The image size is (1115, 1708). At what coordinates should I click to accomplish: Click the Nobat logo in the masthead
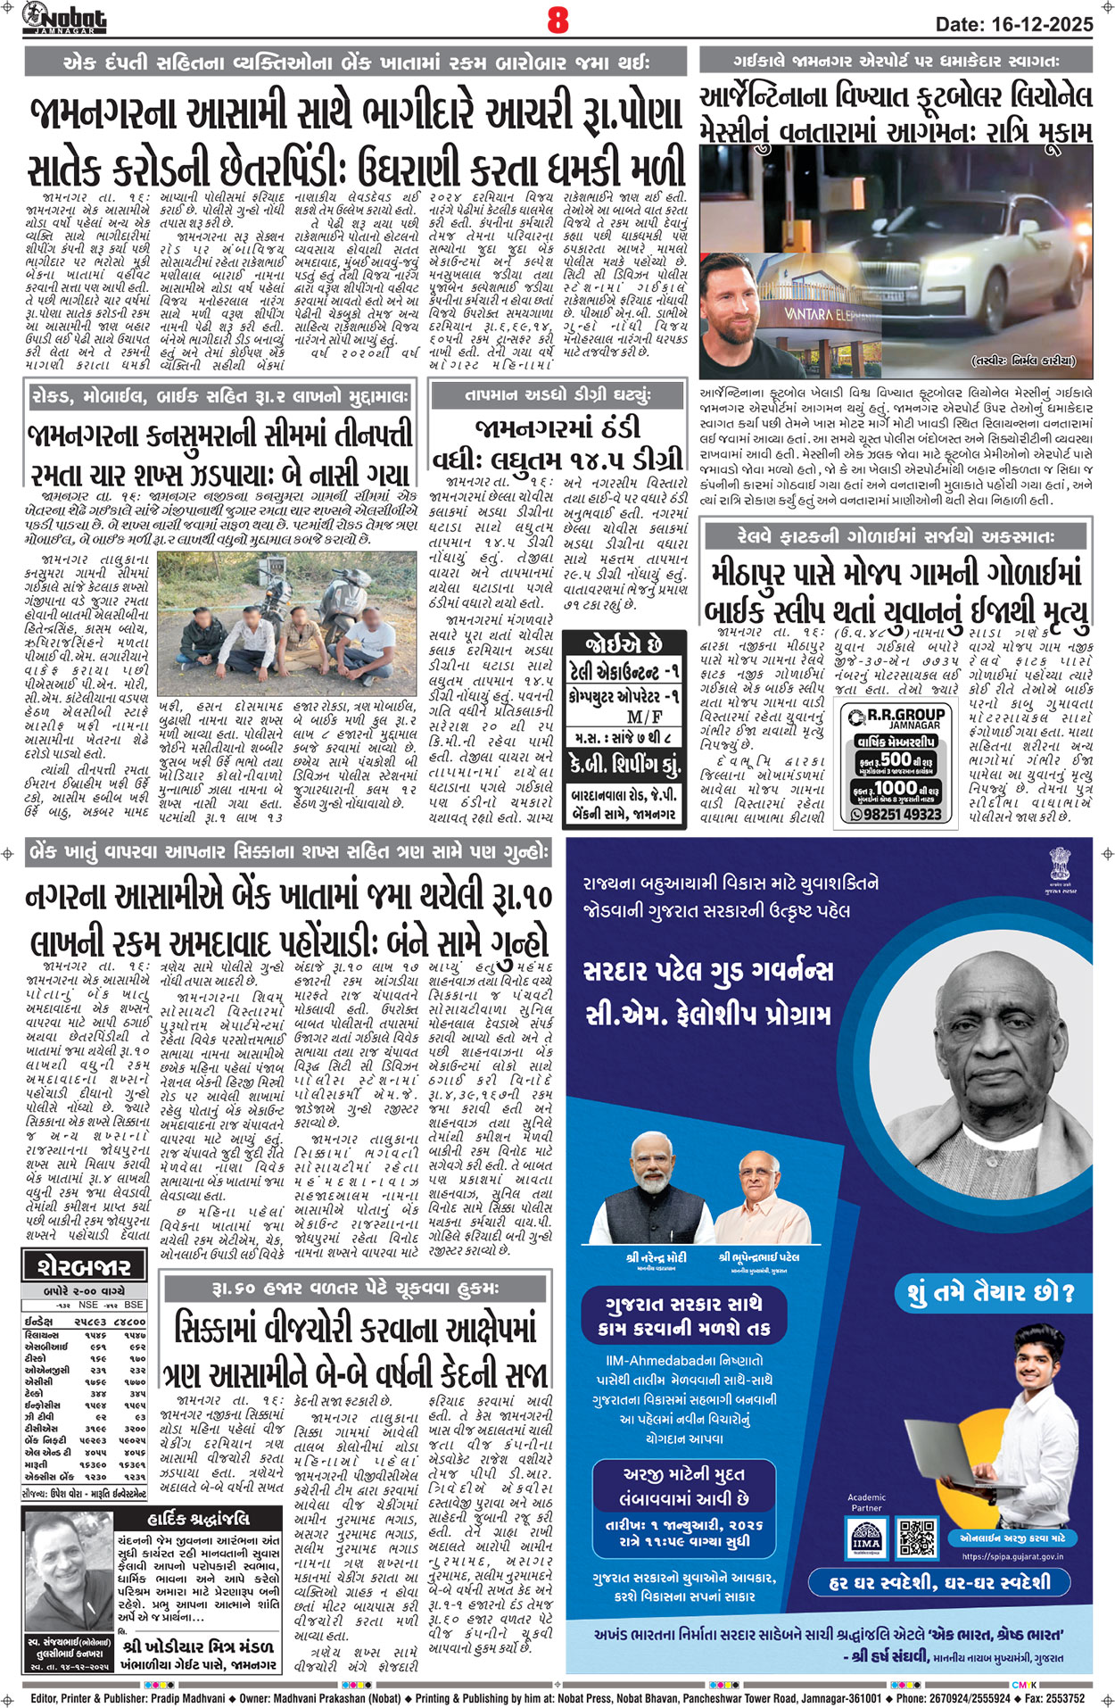pyautogui.click(x=64, y=18)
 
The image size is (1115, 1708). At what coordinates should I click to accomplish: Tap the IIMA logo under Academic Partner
pyautogui.click(x=865, y=1536)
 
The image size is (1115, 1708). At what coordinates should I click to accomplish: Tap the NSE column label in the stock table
pyautogui.click(x=87, y=1305)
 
